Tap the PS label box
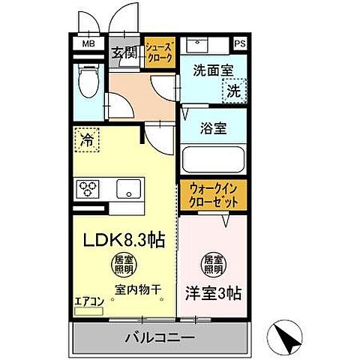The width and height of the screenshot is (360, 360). (240, 43)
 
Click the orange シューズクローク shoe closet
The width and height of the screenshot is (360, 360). (159, 52)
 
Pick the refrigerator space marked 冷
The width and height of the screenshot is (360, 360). (86, 139)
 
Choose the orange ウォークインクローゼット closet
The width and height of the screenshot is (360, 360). (213, 196)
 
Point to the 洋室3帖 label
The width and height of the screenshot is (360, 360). (213, 289)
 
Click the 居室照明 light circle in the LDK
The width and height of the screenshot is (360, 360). (124, 264)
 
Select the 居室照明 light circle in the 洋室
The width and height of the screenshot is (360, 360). (213, 264)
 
